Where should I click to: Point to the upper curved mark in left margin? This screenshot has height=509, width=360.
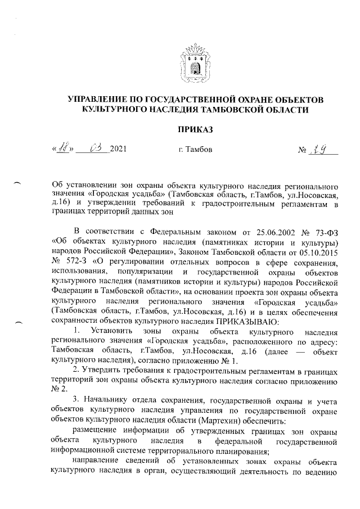tap(17, 182)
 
